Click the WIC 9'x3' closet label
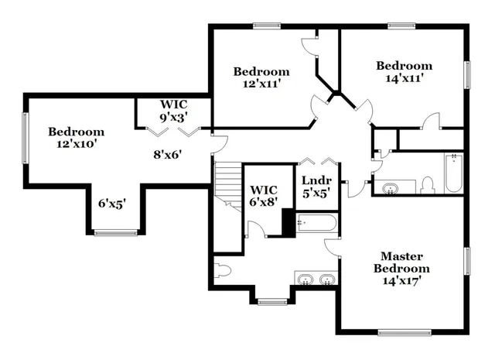click(x=174, y=104)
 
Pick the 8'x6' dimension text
click(x=166, y=154)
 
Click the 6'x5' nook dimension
click(x=112, y=204)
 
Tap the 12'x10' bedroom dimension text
click(x=75, y=143)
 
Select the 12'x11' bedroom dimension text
click(x=261, y=84)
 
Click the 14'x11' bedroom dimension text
click(x=404, y=78)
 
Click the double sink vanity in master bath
click(x=316, y=279)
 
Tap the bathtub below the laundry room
click(x=317, y=224)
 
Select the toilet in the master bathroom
click(x=223, y=271)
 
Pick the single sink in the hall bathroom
click(x=389, y=187)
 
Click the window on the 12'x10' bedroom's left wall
click(x=26, y=138)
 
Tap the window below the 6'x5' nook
click(x=115, y=232)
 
